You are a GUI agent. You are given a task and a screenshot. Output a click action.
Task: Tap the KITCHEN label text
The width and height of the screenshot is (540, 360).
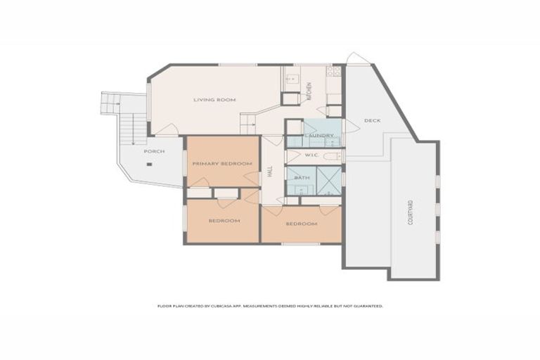308,91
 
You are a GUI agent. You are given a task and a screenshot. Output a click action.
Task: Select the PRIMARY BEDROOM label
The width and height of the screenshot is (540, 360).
222,164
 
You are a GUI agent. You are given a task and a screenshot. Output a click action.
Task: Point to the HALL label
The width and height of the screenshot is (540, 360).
269,171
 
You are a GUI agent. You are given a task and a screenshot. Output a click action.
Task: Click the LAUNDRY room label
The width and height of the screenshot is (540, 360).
319,136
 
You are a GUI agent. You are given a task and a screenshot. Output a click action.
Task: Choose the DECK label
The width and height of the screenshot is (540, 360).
372,120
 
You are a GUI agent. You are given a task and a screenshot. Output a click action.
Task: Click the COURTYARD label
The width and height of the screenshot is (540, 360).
411,212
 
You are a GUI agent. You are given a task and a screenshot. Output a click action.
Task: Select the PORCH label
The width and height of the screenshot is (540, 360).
154,151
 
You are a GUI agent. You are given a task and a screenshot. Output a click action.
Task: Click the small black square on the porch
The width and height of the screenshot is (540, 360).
149,165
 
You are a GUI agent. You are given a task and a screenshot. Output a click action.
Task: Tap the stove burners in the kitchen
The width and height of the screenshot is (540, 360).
336,71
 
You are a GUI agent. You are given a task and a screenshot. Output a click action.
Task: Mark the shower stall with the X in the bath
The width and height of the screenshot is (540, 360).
328,179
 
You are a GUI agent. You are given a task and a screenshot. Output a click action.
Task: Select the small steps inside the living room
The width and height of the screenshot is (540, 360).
248,124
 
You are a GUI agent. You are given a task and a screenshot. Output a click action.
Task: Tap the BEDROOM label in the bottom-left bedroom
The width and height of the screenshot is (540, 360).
224,221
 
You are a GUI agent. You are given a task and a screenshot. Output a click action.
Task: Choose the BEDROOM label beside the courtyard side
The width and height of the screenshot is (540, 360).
301,224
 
